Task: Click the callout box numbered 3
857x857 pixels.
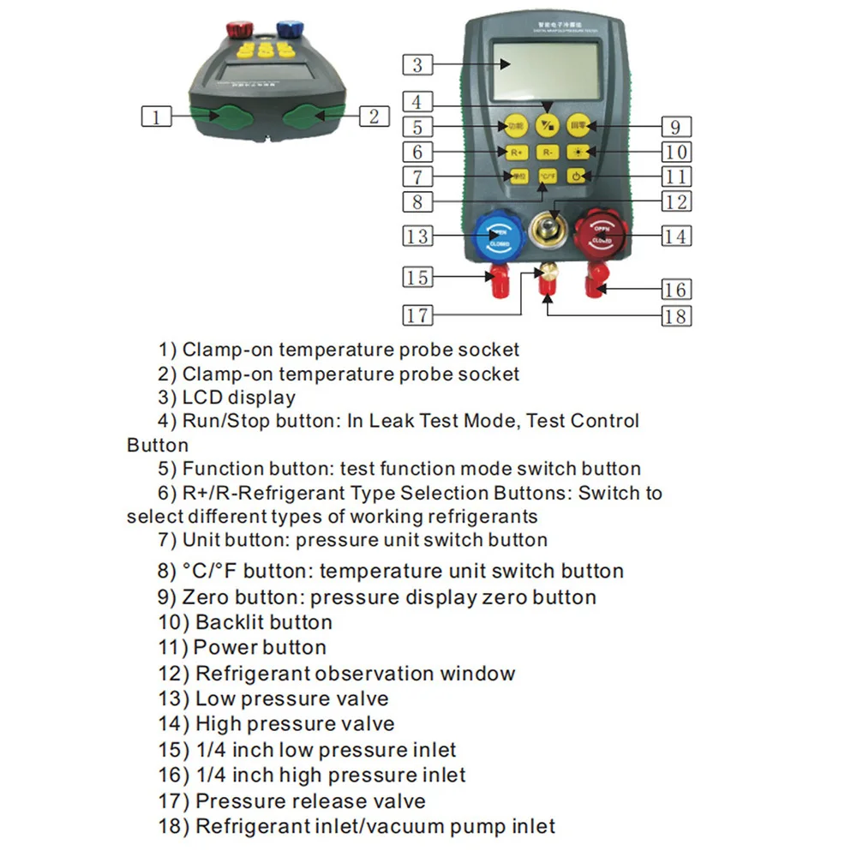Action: [x=417, y=64]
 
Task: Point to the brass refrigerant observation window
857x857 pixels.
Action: [x=548, y=230]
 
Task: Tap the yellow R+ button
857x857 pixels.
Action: [x=516, y=152]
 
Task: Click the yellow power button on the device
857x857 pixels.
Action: [x=578, y=177]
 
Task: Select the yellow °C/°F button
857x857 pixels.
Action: [x=547, y=177]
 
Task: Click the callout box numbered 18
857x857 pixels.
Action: [x=676, y=315]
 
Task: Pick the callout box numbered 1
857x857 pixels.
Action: [x=155, y=116]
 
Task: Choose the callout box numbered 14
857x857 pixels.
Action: [x=676, y=236]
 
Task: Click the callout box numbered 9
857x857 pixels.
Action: [x=676, y=127]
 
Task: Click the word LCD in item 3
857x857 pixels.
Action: [x=201, y=398]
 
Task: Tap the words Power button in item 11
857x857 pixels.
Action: [x=260, y=647]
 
